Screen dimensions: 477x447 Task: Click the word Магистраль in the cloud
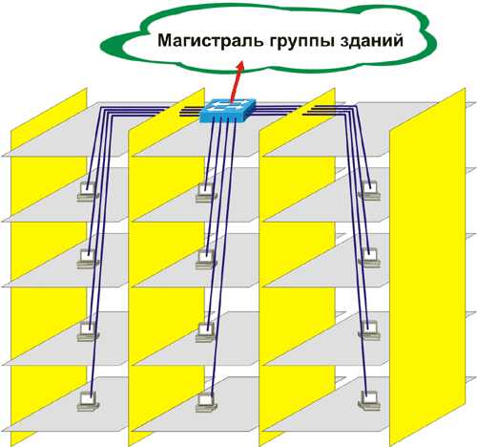tap(210, 41)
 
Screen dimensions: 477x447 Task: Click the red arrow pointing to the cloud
tap(237, 81)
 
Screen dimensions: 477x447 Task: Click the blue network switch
tap(228, 111)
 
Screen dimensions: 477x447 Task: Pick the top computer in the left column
tap(88, 192)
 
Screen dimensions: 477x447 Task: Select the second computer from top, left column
tap(88, 259)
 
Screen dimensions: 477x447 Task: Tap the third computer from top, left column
tap(88, 331)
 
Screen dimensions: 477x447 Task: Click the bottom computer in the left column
tap(88, 401)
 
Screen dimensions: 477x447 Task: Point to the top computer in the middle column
tap(206, 193)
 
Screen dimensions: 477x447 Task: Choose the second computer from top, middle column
tap(206, 259)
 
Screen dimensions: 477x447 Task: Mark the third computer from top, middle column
tap(206, 332)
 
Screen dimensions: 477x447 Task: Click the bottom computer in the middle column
tap(206, 402)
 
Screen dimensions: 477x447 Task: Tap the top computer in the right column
tap(369, 190)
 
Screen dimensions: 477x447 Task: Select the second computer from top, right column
tap(369, 258)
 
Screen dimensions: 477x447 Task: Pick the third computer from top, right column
tap(369, 330)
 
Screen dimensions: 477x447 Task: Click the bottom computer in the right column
tap(369, 400)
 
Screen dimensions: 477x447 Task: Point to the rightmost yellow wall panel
tap(427, 267)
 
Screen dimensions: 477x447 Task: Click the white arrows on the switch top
tap(228, 106)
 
